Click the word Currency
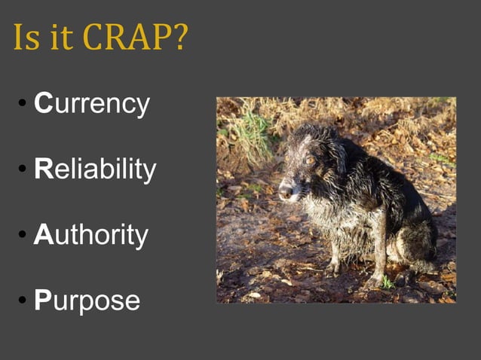tap(92, 104)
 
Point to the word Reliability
tap(95, 169)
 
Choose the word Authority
tap(91, 235)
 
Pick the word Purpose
tap(87, 301)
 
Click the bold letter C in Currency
tap(43, 104)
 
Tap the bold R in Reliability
tap(43, 169)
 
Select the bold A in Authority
tap(43, 235)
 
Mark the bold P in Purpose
tap(42, 301)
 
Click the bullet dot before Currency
tap(23, 105)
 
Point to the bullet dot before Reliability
tap(23, 171)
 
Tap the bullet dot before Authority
tap(23, 236)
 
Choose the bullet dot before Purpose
tap(23, 302)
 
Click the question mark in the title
tap(179, 37)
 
